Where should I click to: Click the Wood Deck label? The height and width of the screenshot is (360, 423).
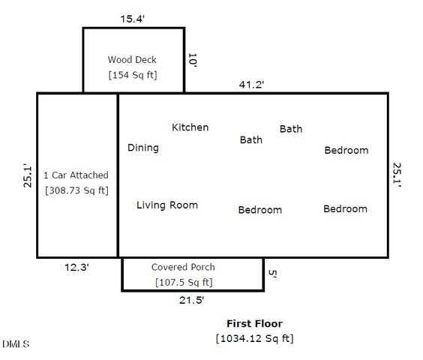pos(133,59)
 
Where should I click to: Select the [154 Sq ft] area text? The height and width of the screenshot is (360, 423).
pos(133,75)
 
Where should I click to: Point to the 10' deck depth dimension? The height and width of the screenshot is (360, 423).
pos(193,61)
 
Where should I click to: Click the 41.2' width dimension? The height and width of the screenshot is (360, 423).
pos(251,85)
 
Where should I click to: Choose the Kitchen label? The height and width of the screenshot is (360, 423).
pos(190,127)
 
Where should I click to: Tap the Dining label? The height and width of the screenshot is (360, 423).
pos(142,148)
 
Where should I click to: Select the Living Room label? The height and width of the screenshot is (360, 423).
pos(167,205)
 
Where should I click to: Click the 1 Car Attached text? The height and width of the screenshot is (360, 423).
pos(76,175)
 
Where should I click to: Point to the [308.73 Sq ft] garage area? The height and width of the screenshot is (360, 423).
pos(76,190)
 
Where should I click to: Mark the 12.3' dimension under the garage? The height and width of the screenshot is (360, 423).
pos(76,266)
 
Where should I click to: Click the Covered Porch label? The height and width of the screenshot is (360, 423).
pos(183,267)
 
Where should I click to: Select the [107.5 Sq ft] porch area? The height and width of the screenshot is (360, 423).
pos(184,283)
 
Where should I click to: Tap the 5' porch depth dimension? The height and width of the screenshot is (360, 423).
pos(273,275)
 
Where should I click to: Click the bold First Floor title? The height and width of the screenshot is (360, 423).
pos(255,324)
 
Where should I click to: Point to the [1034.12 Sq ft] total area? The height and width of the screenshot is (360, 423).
pos(255,339)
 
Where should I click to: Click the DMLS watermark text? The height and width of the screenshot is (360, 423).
pos(16,344)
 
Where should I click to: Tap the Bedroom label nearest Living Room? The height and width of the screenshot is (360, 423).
pos(259,210)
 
